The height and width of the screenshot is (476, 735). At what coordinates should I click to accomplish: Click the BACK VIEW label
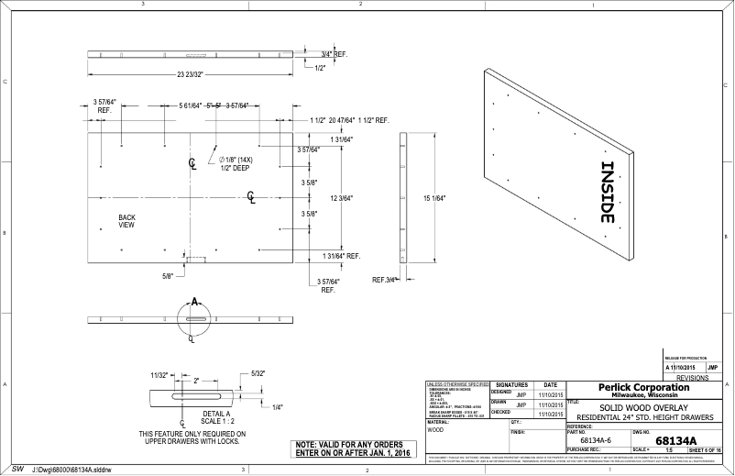click(x=126, y=221)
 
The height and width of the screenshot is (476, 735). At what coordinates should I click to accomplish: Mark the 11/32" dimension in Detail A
click(x=159, y=375)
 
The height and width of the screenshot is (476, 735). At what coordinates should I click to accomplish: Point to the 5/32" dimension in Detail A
click(x=258, y=373)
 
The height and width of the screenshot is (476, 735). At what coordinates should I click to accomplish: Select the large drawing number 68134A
click(x=676, y=441)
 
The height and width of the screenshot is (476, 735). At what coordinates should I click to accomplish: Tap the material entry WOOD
click(x=436, y=429)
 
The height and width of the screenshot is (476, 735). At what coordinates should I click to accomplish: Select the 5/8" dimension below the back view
click(x=168, y=274)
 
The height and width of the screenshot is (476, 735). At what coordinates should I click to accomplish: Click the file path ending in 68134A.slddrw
click(x=71, y=469)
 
